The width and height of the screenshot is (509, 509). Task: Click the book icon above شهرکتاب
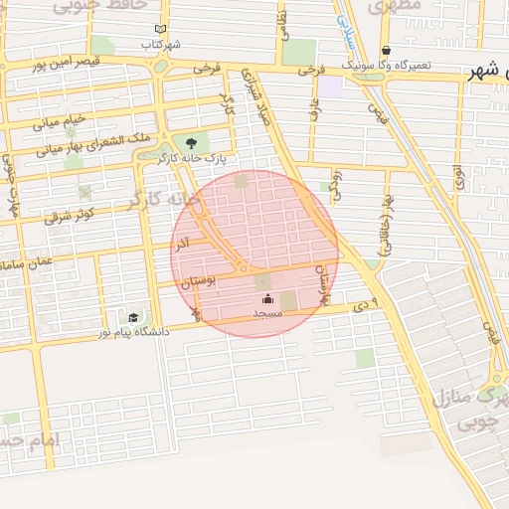pos(161,30)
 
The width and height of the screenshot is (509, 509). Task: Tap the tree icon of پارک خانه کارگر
pos(191,143)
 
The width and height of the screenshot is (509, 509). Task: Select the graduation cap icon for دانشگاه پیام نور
pos(133,317)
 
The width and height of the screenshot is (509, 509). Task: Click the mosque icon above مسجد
pos(267,298)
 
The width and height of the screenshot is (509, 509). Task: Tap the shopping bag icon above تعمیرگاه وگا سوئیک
pos(386,51)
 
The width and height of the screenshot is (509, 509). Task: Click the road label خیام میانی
pos(60,121)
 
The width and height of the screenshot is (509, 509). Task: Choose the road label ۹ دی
pos(368,302)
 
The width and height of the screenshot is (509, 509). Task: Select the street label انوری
pos(458,179)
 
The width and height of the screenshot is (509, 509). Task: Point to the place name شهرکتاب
pos(161,45)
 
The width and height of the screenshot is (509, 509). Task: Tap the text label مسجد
pos(268,313)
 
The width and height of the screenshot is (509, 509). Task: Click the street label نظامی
pos(284,22)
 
